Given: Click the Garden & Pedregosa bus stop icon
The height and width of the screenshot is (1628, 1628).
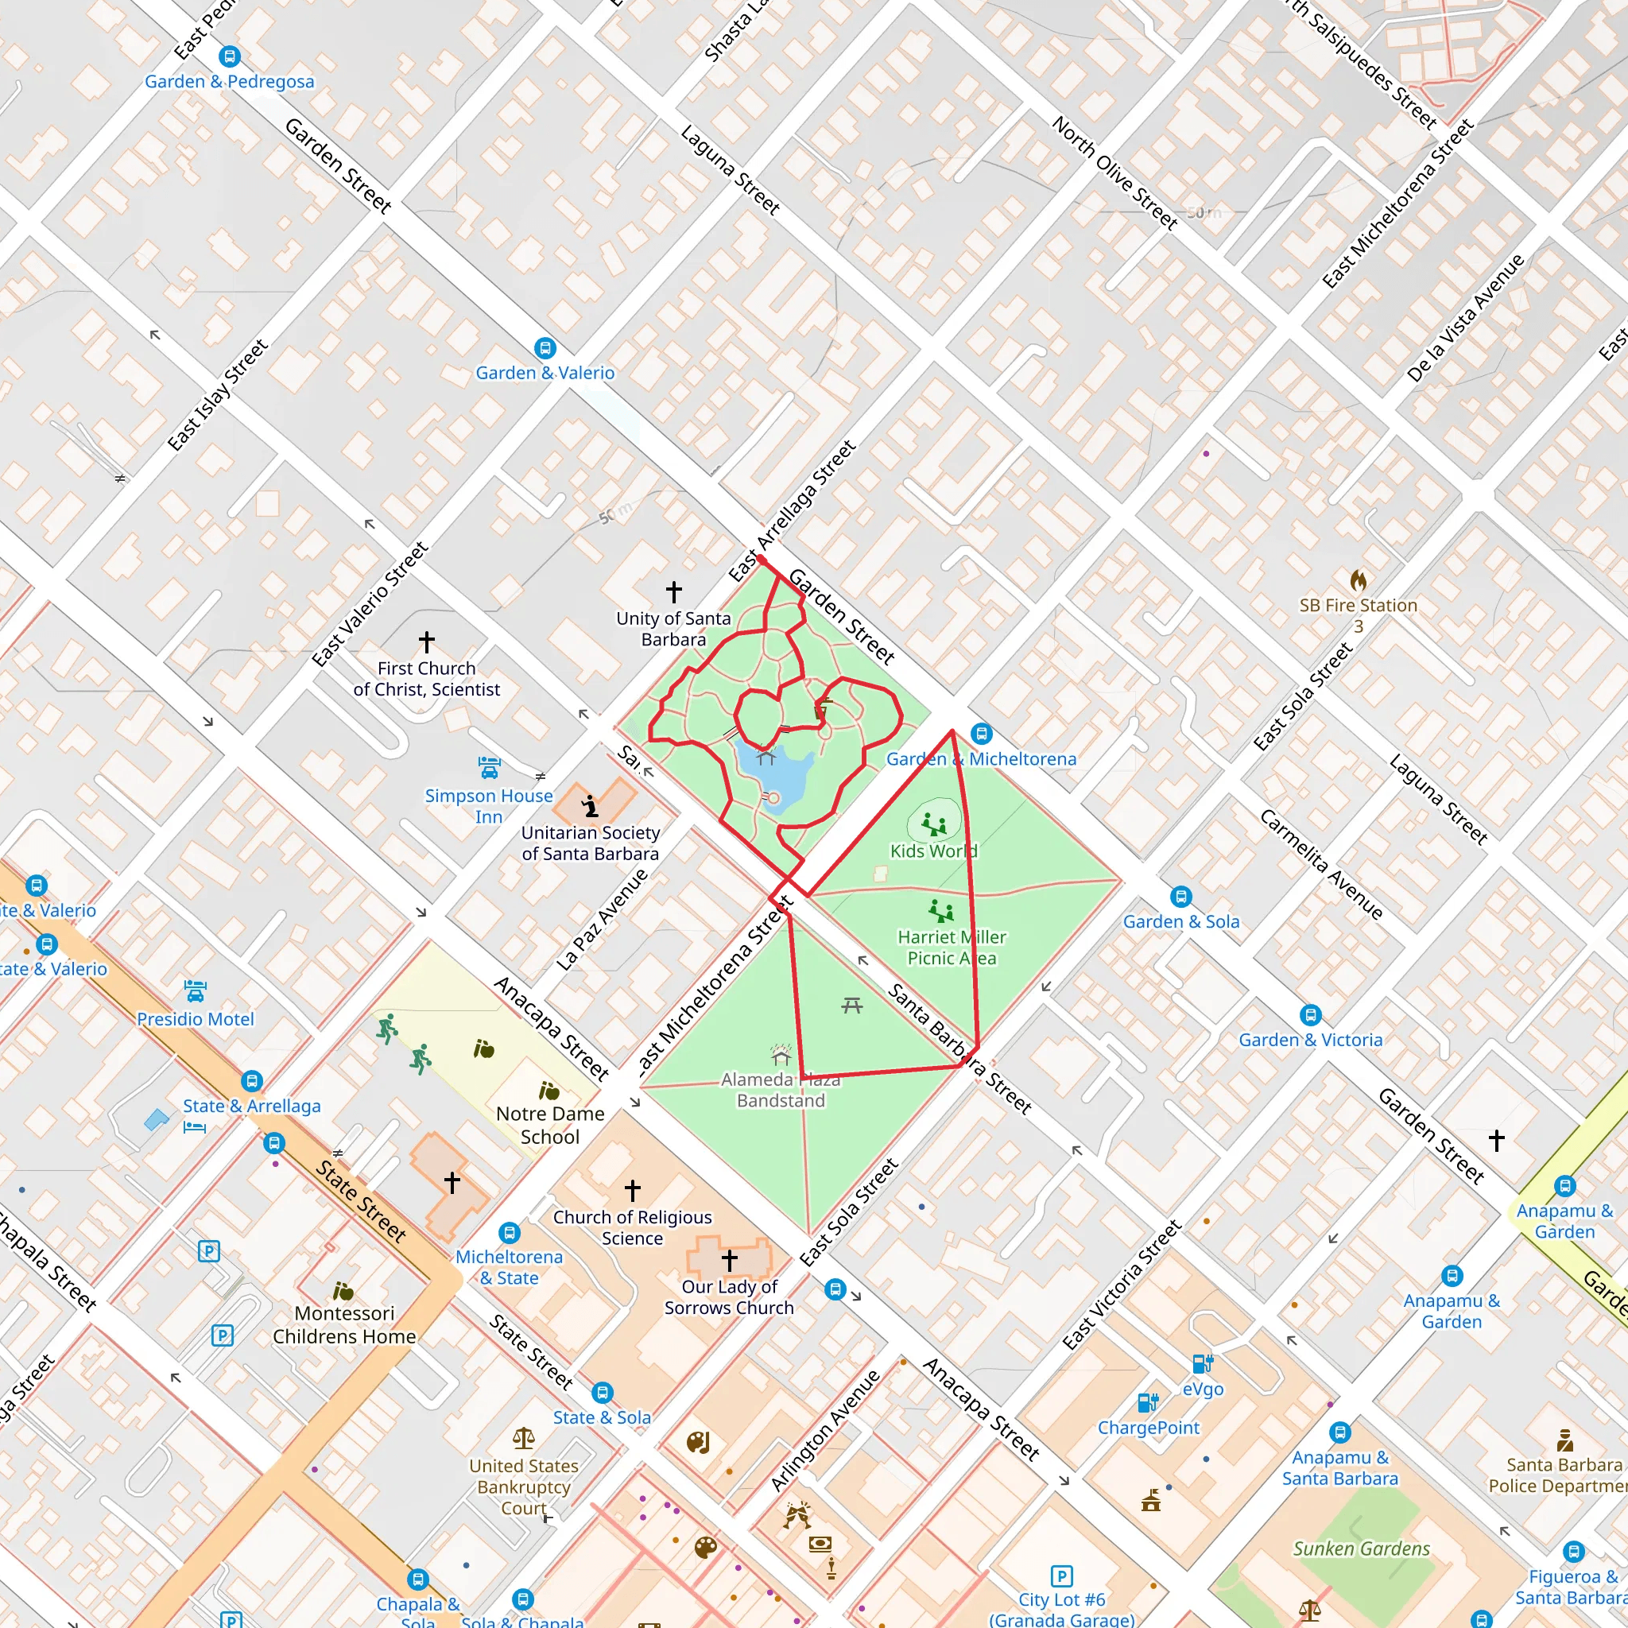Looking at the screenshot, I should pos(229,56).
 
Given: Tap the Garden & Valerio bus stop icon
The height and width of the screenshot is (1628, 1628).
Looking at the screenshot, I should pos(545,348).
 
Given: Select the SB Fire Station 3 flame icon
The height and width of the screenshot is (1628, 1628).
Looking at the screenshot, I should pos(1358,579).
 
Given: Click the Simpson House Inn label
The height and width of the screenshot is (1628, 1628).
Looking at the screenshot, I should pos(489,805).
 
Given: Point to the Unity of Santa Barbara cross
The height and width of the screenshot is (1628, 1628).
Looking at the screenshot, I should pos(673,591).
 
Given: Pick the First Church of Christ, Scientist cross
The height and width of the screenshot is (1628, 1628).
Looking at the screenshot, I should pos(427,642).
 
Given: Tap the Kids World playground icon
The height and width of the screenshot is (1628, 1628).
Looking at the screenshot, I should pos(934,824).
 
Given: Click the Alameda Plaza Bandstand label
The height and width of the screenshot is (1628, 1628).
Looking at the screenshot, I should pos(781,1090).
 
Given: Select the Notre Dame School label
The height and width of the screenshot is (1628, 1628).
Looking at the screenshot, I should pos(550,1125).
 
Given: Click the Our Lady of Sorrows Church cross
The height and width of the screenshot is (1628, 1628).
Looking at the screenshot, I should pos(730,1261).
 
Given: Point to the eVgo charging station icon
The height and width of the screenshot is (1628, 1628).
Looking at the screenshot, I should pos(1203,1363).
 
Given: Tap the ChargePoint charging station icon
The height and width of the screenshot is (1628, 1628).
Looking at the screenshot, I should pos(1148,1403).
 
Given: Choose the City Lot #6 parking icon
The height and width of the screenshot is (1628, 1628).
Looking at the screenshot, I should pos(1062,1576).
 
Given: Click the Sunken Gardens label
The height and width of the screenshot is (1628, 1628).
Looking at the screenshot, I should pos(1361,1549).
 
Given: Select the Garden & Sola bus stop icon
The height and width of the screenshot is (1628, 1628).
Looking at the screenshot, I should pos(1181,897).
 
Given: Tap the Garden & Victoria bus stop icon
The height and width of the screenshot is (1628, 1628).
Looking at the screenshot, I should pos(1310,1014).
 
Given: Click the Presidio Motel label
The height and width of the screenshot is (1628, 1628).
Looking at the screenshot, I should pos(196,1019).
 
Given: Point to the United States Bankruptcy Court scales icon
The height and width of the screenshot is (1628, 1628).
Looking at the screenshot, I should pos(523,1436).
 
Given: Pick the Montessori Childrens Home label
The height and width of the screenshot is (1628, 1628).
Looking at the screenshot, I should pos(345,1324).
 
